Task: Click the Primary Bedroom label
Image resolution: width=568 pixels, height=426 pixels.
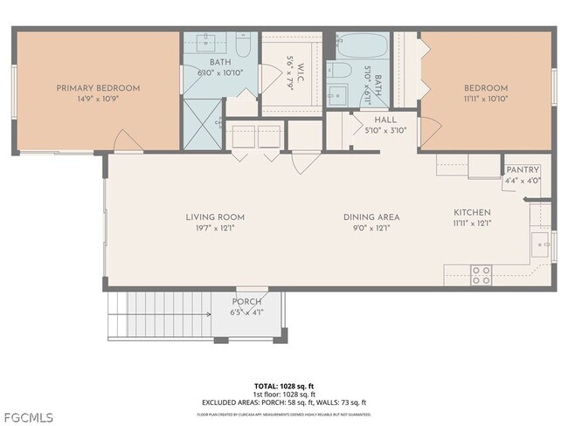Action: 98,87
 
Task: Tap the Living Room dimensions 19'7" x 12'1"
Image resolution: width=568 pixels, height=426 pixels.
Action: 215,228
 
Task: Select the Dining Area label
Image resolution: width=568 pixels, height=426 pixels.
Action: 371,216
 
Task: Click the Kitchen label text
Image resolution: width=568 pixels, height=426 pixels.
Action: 471,212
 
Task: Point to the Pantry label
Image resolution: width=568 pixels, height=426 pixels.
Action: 523,170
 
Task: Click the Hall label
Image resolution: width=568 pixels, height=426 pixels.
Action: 385,120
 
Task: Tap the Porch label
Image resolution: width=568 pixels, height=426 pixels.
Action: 246,302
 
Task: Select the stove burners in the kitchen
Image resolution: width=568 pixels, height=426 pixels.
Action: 481,275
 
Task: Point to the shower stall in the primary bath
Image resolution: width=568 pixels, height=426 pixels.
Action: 202,123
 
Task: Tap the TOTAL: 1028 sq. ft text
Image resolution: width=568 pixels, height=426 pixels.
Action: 284,385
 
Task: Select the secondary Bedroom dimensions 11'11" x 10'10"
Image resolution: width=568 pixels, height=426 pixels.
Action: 486,100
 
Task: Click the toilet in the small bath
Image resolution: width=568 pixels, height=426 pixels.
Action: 343,72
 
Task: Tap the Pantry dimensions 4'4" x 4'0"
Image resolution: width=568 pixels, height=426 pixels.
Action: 523,181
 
